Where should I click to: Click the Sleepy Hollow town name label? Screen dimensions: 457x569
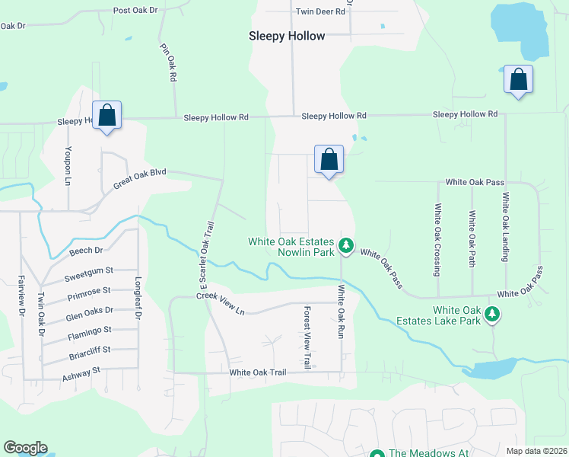[x=287, y=36]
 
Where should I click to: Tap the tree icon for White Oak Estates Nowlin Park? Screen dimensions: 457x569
[x=346, y=244]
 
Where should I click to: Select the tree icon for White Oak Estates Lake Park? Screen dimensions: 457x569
[x=492, y=313]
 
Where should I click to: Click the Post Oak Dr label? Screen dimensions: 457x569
[x=135, y=11]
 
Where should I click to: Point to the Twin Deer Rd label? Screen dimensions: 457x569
[x=320, y=11]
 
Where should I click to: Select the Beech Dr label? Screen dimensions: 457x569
[x=86, y=251]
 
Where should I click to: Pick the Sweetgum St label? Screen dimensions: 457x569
[x=88, y=270]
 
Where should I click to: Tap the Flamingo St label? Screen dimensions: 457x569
[x=89, y=330]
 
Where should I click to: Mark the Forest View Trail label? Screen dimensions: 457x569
[x=307, y=338]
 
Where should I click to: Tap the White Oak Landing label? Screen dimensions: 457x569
[x=504, y=227]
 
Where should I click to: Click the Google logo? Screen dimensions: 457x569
[x=25, y=448]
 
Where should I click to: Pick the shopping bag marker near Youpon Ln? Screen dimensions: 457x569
[x=106, y=116]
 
